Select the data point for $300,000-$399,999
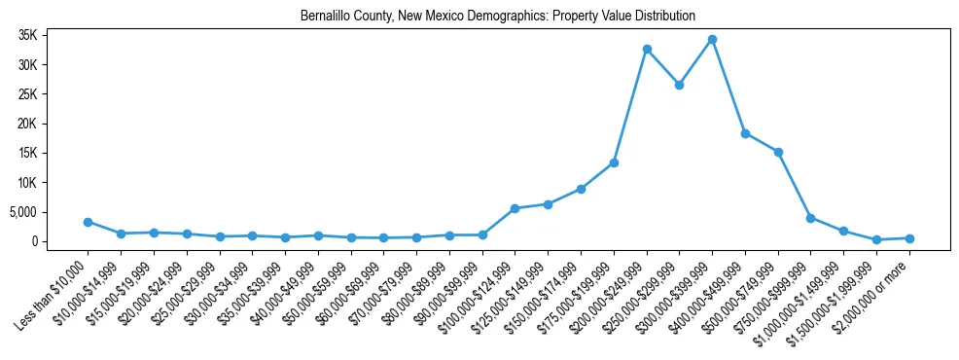pyautogui.click(x=712, y=40)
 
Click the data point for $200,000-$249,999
pyautogui.click(x=647, y=50)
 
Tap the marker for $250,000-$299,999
pyautogui.click(x=679, y=85)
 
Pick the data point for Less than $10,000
pyautogui.click(x=88, y=222)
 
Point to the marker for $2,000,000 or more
pyautogui.click(x=909, y=238)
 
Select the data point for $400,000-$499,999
pyautogui.click(x=745, y=133)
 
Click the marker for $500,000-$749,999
pyautogui.click(x=778, y=152)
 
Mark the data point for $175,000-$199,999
pyautogui.click(x=614, y=162)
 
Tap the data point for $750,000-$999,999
pyautogui.click(x=810, y=218)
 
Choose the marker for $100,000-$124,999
pyautogui.click(x=515, y=208)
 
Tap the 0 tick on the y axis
pyautogui.click(x=60, y=241)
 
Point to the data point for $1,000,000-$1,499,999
pyautogui.click(x=843, y=231)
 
